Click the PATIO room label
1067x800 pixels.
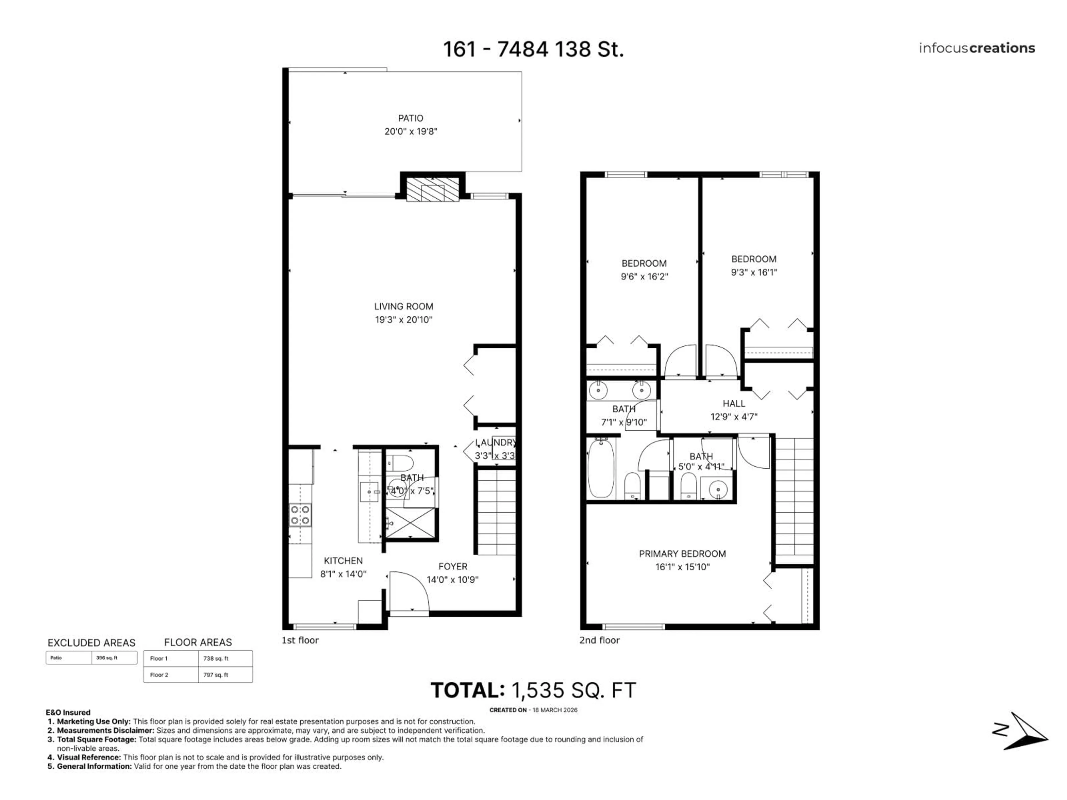[410, 118]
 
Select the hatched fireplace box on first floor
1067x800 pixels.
[432, 189]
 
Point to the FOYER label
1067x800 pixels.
[452, 567]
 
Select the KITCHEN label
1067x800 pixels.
[343, 561]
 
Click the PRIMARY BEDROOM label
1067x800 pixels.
[682, 554]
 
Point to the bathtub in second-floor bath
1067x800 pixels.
[600, 468]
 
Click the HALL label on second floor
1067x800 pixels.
[734, 404]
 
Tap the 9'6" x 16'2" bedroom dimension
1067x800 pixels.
[644, 277]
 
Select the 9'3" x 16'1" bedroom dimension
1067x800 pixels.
[754, 272]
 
